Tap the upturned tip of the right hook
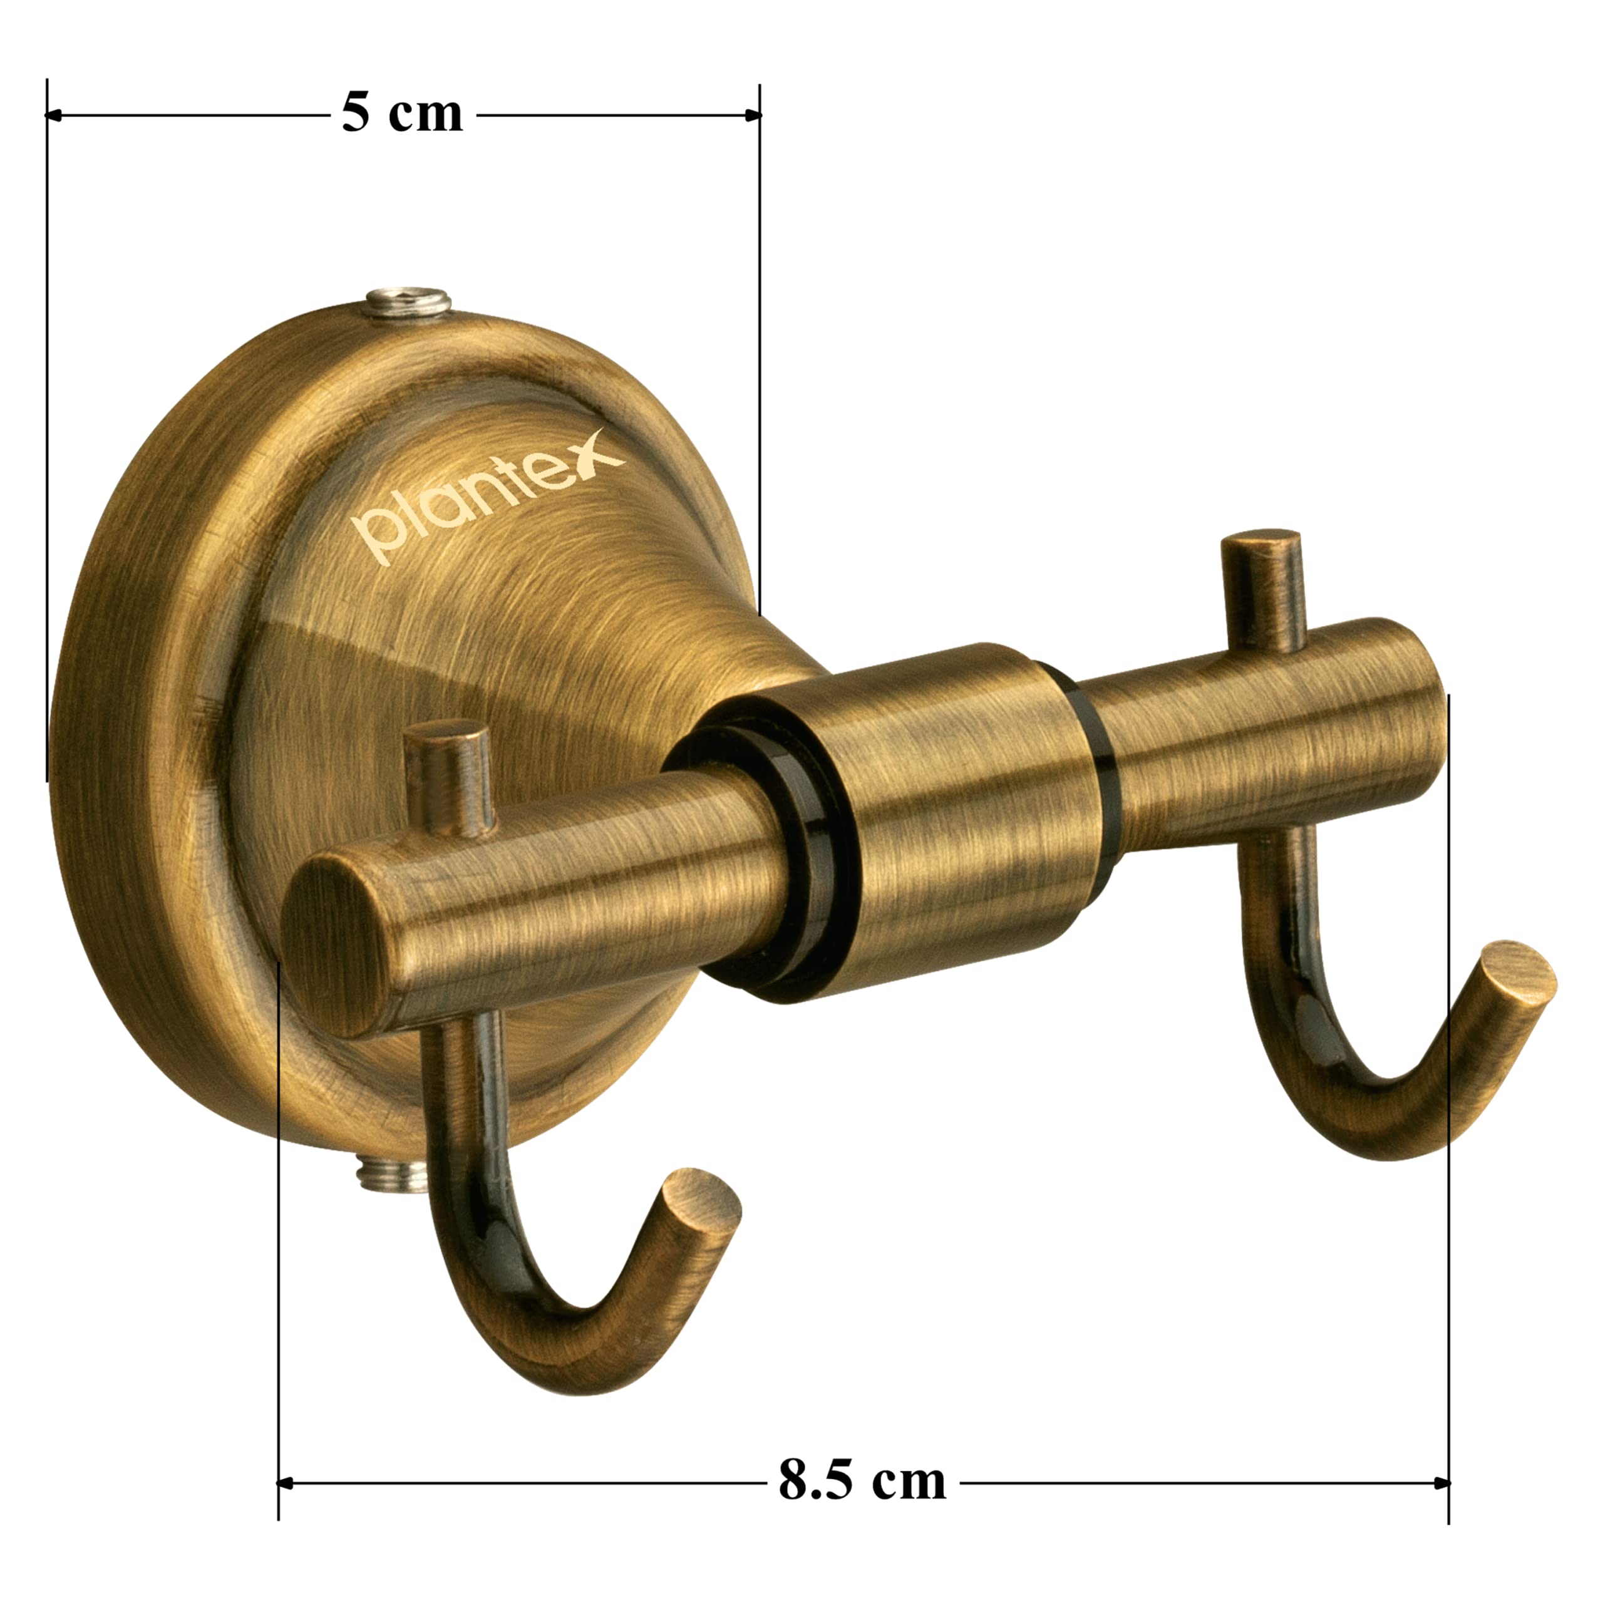(x=1520, y=973)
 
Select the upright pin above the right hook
(x=1261, y=590)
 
